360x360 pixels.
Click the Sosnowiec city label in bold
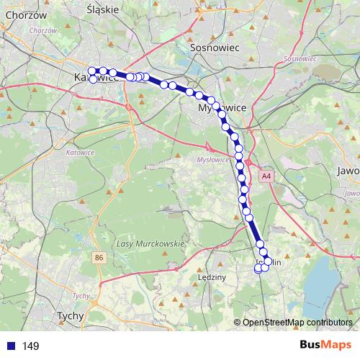(x=209, y=47)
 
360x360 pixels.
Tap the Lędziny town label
(x=212, y=276)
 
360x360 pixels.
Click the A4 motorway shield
(x=267, y=175)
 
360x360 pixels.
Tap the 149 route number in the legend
(x=31, y=346)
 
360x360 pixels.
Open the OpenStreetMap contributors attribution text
(x=297, y=322)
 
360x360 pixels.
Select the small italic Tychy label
(x=81, y=296)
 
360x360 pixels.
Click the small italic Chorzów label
(x=43, y=30)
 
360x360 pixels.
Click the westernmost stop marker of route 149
(x=91, y=71)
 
